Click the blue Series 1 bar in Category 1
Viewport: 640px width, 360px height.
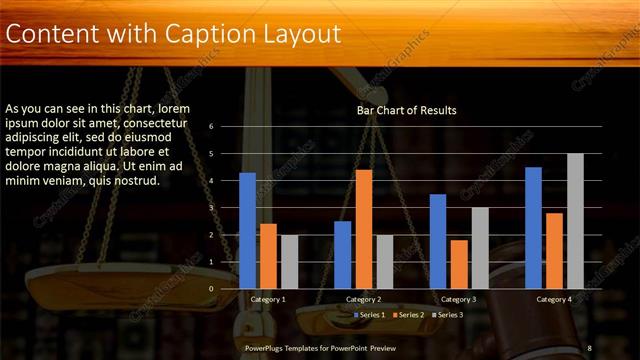click(x=248, y=231)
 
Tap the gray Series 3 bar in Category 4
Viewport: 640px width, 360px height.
click(x=575, y=221)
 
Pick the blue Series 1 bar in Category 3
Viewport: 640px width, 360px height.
click(x=438, y=241)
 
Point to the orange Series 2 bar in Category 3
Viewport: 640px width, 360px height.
click(x=459, y=264)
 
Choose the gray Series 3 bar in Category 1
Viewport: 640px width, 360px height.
click(x=289, y=261)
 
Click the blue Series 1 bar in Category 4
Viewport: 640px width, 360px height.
click(x=533, y=227)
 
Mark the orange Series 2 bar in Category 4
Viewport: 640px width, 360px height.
click(x=554, y=250)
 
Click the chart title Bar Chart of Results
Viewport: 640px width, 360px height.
click(x=406, y=111)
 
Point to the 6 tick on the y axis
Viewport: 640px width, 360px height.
click(x=211, y=127)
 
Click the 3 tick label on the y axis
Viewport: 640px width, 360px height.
click(x=211, y=208)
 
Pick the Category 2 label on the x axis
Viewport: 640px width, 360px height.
click(x=364, y=299)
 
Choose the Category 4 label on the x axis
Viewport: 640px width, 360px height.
click(x=553, y=299)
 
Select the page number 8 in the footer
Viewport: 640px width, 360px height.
click(x=589, y=347)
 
